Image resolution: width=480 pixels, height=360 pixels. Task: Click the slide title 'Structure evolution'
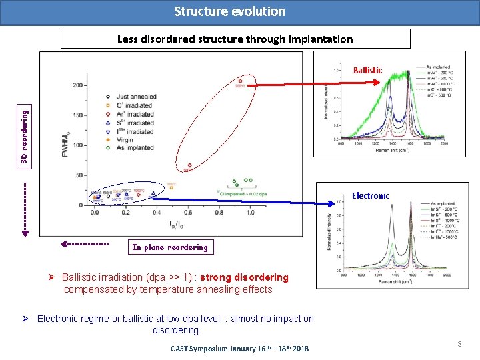click(x=229, y=11)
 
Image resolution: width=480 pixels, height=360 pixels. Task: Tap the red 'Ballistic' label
click(x=367, y=70)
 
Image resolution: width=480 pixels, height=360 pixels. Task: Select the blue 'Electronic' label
click(x=371, y=195)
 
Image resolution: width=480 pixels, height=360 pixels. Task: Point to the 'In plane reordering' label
click(x=169, y=247)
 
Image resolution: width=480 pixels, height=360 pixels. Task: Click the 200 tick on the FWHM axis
click(x=79, y=85)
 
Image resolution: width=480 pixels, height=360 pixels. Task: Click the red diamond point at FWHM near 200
click(x=239, y=82)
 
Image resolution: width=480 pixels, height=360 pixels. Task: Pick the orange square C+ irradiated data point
click(x=171, y=188)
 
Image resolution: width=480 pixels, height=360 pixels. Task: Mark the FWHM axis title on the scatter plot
click(x=65, y=145)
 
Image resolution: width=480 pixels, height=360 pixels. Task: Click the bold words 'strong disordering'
click(x=245, y=277)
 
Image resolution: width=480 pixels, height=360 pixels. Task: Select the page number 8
click(x=460, y=343)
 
